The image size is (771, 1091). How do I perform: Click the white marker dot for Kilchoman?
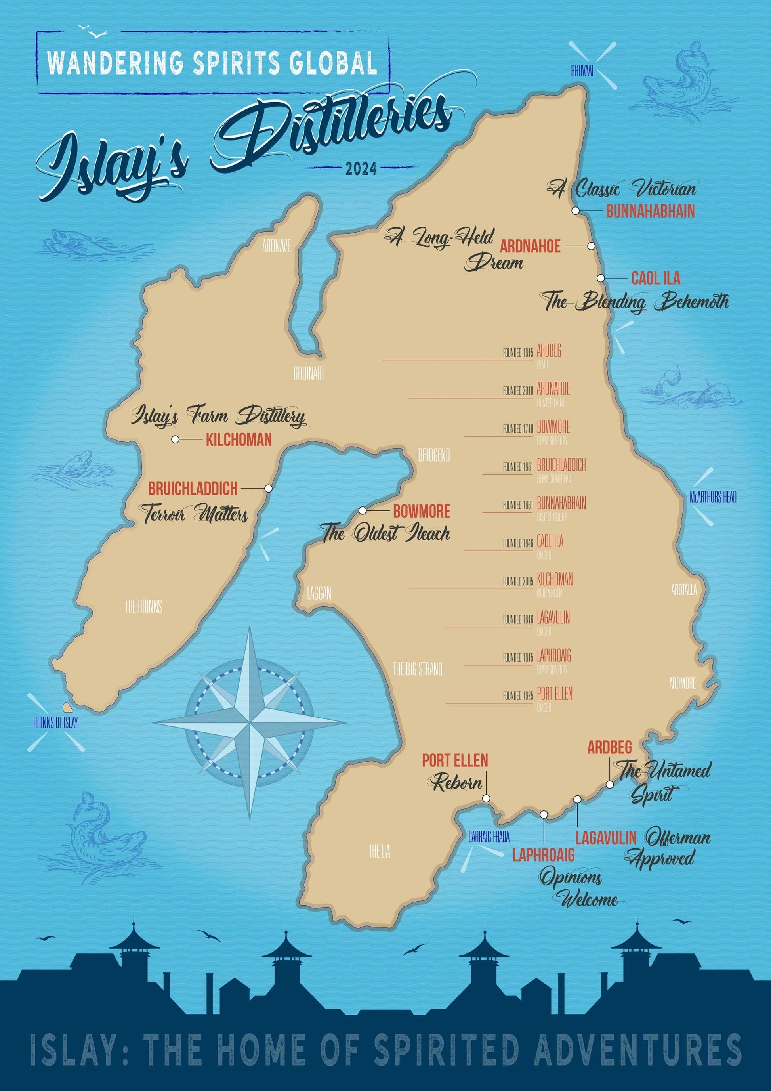pyautogui.click(x=175, y=439)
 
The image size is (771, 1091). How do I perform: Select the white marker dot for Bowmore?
pyautogui.click(x=363, y=511)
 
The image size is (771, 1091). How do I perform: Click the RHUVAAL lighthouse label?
pyautogui.click(x=582, y=72)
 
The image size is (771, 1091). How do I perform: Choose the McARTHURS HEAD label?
pyautogui.click(x=713, y=497)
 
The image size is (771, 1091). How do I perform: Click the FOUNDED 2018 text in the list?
pyautogui.click(x=518, y=391)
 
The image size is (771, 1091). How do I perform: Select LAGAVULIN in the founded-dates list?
pyautogui.click(x=553, y=618)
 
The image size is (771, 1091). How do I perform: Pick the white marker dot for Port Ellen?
pyautogui.click(x=486, y=798)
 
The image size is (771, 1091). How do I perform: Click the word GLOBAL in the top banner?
pyautogui.click(x=332, y=63)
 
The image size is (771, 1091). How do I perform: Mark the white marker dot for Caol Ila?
pyautogui.click(x=601, y=278)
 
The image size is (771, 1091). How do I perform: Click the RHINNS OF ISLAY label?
pyautogui.click(x=55, y=723)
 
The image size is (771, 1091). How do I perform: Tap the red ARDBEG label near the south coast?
pyautogui.click(x=609, y=747)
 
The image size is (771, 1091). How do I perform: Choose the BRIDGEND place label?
pyautogui.click(x=434, y=456)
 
